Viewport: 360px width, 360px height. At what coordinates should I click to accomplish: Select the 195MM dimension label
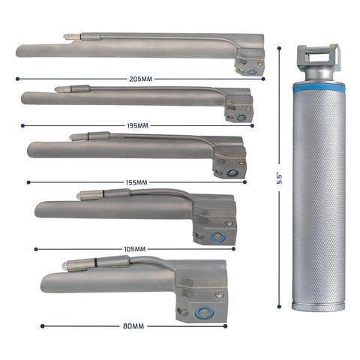[138, 126]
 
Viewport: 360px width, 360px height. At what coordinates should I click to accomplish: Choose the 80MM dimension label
[133, 326]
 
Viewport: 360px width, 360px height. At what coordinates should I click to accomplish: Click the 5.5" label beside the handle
[279, 178]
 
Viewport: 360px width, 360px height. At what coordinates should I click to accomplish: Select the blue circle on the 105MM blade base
[217, 237]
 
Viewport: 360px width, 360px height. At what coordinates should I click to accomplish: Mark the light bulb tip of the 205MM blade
[67, 36]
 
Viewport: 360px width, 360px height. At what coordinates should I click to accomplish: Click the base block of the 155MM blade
[229, 158]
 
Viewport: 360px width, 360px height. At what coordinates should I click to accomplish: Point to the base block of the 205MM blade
[250, 59]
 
